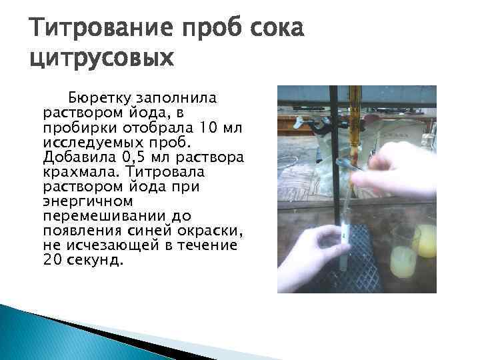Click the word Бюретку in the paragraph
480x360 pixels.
tap(105, 97)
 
